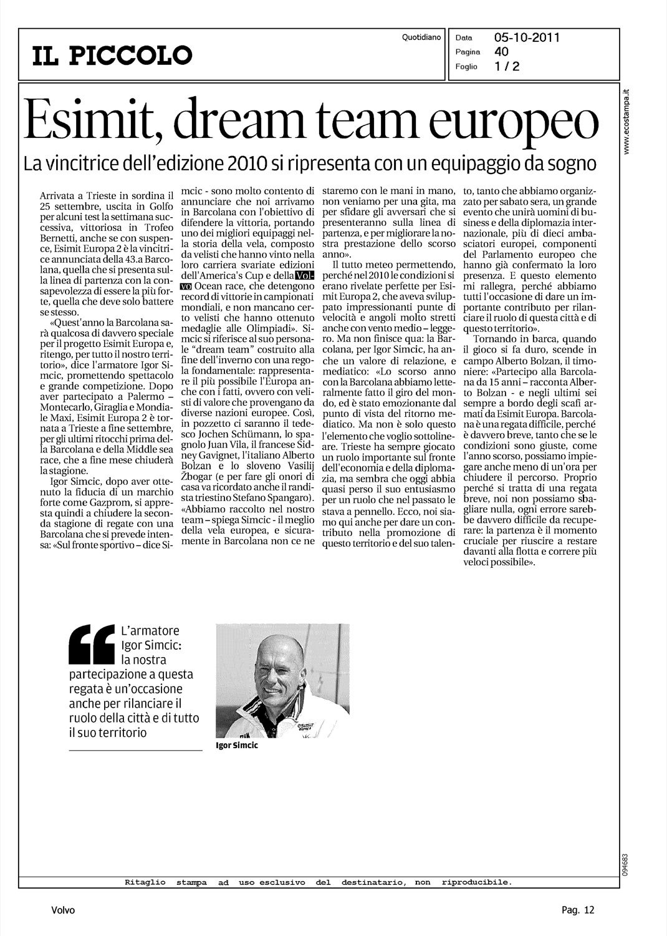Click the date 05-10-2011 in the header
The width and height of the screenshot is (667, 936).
(x=527, y=37)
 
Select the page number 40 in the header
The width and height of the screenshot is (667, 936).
(x=501, y=52)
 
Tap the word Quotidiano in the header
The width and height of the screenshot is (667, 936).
(x=421, y=37)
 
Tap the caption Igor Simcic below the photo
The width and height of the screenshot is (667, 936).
(x=236, y=746)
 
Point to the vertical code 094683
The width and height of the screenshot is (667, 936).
(x=625, y=865)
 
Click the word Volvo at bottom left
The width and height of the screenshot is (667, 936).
(x=63, y=910)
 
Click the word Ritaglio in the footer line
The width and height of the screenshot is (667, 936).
(x=145, y=882)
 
